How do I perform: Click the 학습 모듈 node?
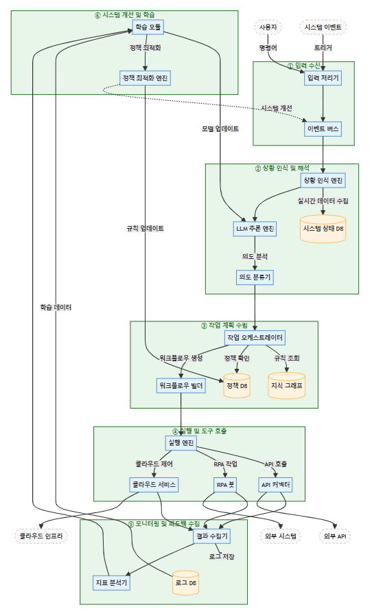pos(148,27)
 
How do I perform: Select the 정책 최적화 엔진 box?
pos(144,78)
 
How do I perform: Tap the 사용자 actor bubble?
pos(267,27)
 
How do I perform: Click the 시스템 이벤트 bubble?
pos(323,27)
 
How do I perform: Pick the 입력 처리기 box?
pos(323,78)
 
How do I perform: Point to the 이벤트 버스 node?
pos(323,128)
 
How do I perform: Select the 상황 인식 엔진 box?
pos(323,180)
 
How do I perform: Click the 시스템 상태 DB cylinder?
pos(323,229)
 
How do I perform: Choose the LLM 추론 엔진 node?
pos(255,229)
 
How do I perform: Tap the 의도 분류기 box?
pos(255,277)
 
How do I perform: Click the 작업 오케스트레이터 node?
pos(255,337)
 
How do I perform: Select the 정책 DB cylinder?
pos(237,386)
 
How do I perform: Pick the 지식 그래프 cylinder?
pos(287,386)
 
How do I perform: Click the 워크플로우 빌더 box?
pos(181,386)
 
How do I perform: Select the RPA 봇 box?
pos(225,485)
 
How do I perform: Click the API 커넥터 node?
pos(276,485)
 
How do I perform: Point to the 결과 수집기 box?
pos(211,535)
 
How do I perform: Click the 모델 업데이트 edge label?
pos(220,128)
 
